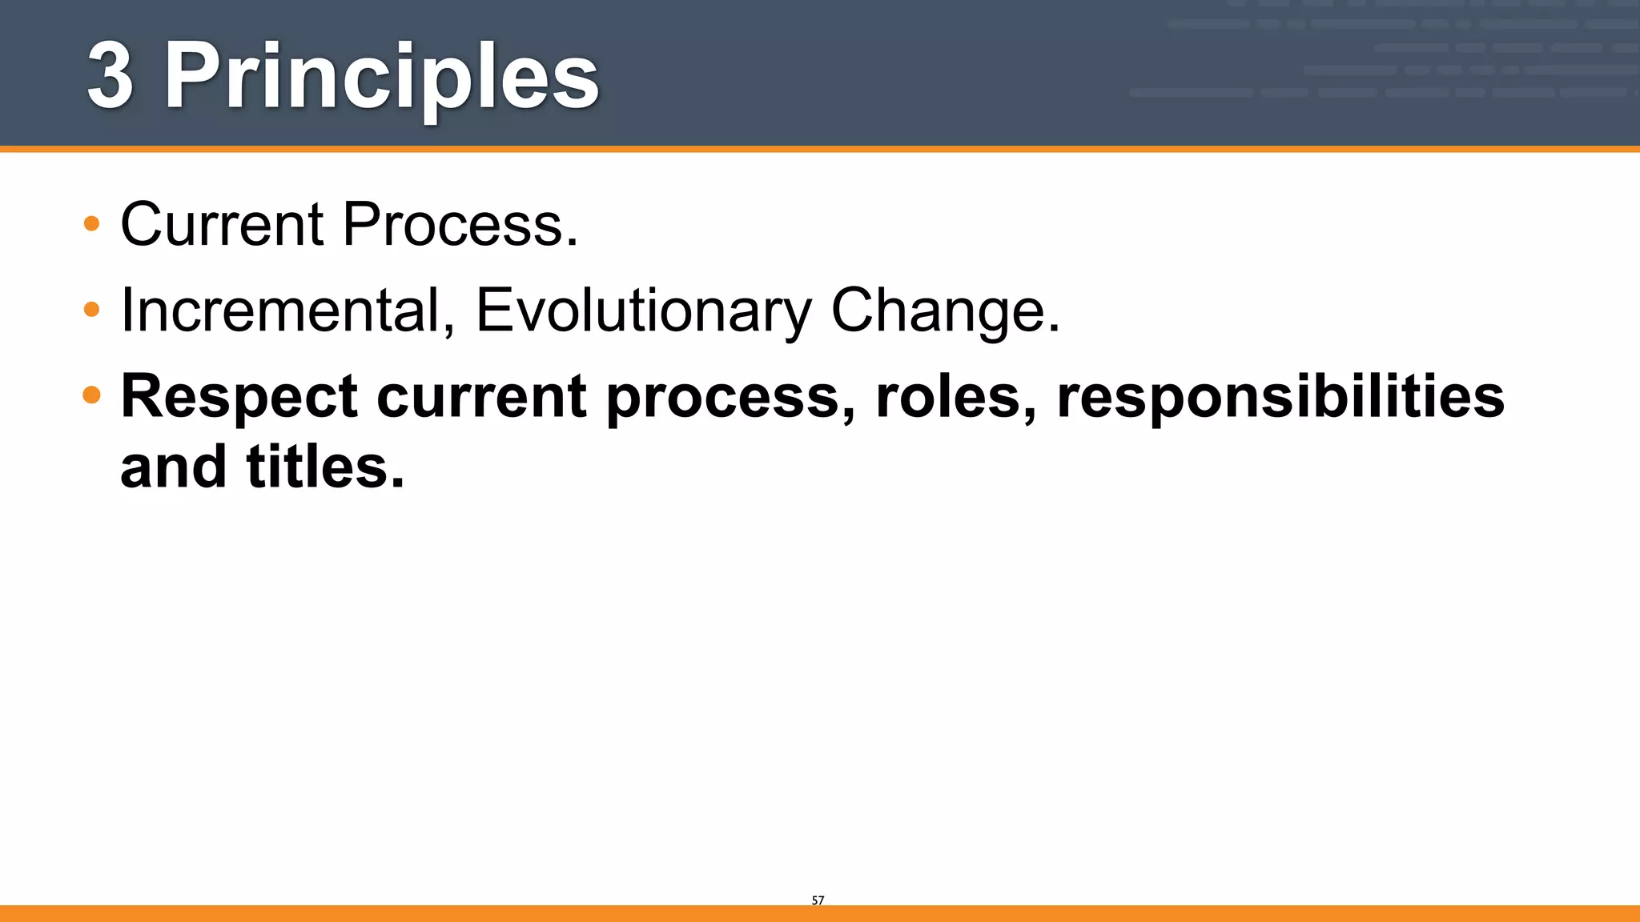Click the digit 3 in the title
(110, 76)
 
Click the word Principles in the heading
(381, 78)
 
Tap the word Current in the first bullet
(222, 224)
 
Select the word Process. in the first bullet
(460, 224)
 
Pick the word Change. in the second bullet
(945, 311)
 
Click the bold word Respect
(239, 397)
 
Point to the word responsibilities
(1280, 399)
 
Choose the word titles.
(325, 467)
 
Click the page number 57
(818, 900)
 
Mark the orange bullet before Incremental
(91, 309)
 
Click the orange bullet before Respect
(91, 395)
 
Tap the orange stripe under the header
(820, 149)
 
